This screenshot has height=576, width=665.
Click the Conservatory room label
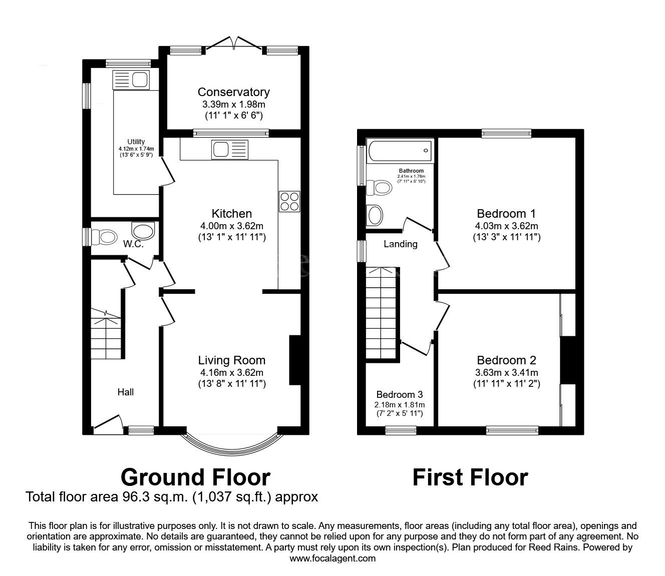click(233, 92)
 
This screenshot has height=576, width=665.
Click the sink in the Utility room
click(131, 80)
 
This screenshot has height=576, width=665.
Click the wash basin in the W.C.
click(143, 232)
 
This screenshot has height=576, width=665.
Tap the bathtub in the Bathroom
click(399, 149)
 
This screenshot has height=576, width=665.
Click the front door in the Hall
click(108, 422)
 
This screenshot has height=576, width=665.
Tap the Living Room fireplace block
click(295, 360)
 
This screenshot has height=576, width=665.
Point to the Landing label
click(400, 244)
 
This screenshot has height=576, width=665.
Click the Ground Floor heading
click(195, 477)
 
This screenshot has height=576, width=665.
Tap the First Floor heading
click(470, 477)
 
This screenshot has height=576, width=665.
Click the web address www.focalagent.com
click(332, 558)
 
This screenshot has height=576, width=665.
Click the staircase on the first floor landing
click(382, 313)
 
